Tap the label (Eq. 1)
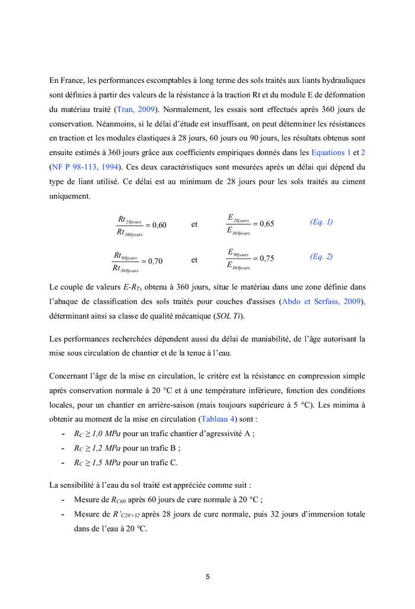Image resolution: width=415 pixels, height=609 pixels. coord(321,222)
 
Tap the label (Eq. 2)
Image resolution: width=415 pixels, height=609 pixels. coord(321,257)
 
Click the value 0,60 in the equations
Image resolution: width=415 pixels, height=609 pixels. coord(159,225)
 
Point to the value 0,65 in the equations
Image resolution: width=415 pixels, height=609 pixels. coord(266,224)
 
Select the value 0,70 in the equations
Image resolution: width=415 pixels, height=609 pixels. coord(155,261)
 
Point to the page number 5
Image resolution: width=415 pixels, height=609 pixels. coord(207,576)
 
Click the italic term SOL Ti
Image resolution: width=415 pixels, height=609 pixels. coord(228,316)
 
